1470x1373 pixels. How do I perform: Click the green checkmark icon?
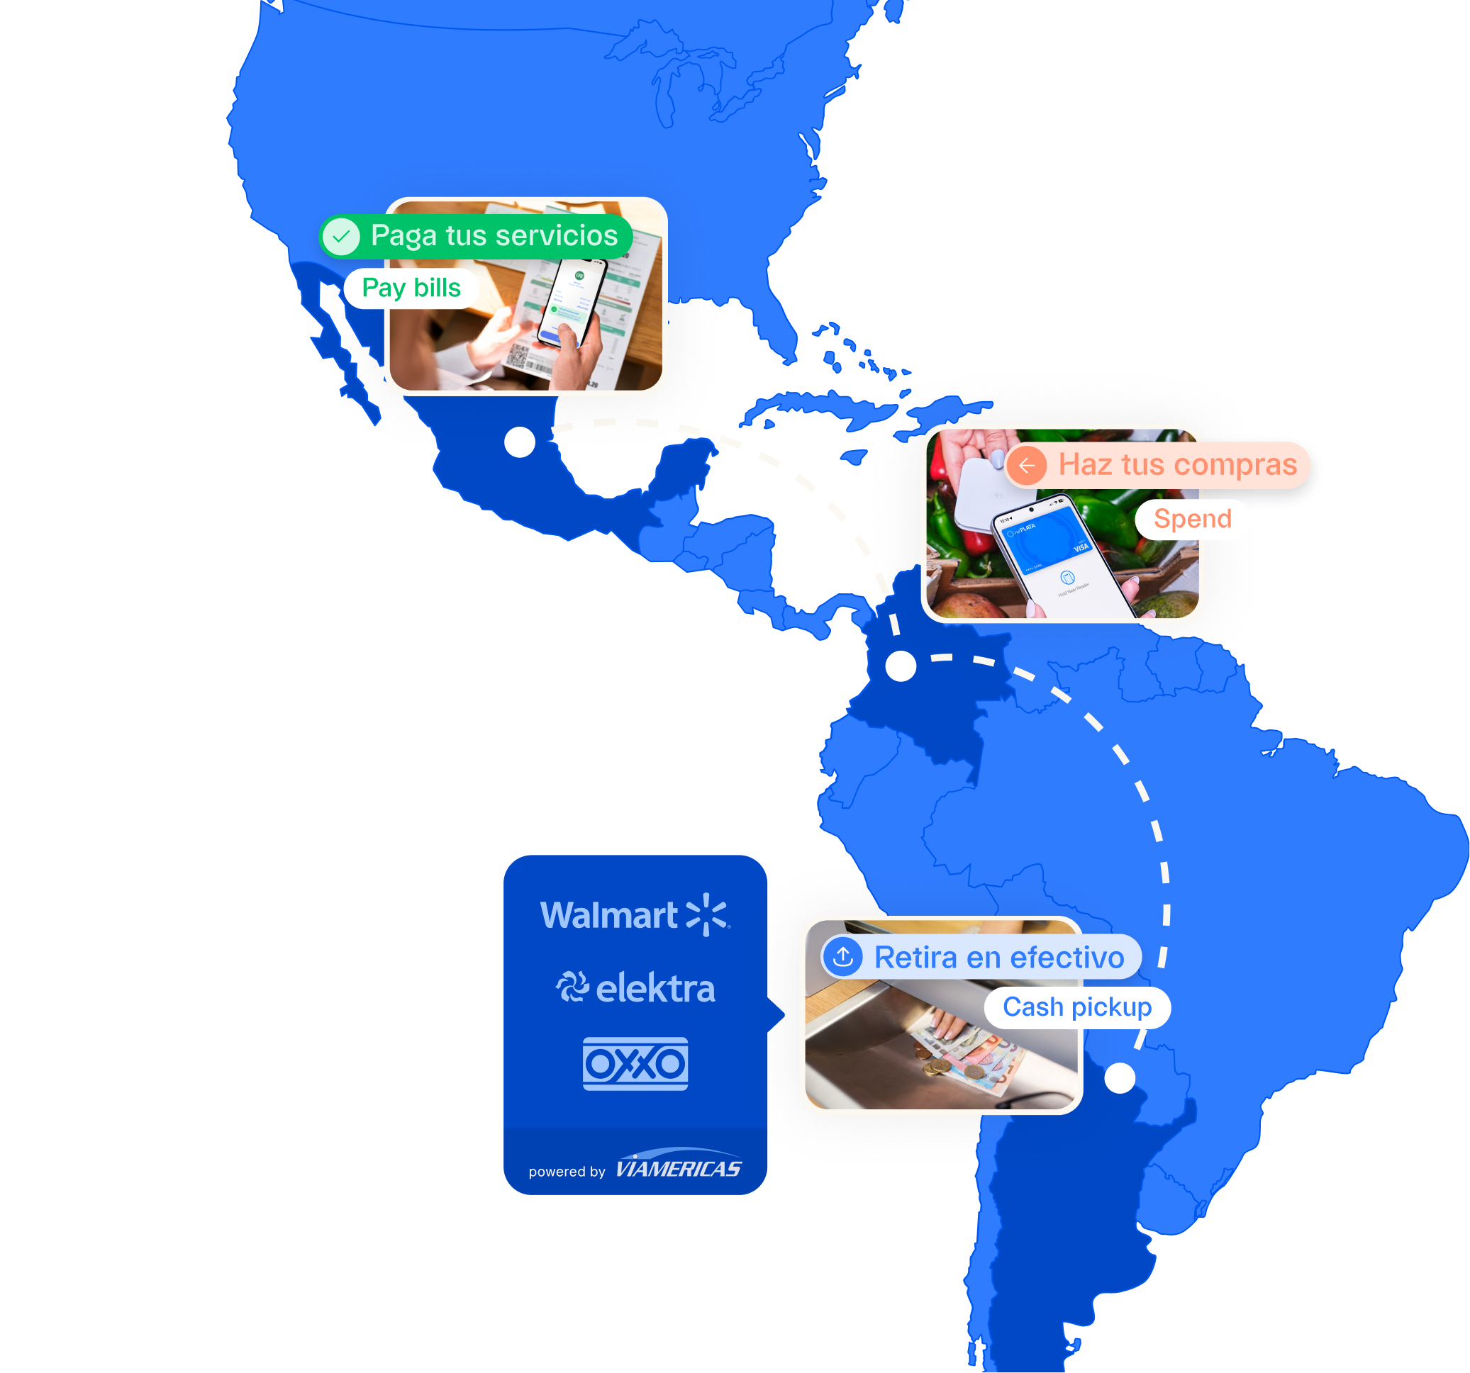point(341,237)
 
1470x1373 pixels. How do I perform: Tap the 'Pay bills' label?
point(411,288)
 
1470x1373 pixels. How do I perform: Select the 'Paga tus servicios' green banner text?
point(494,236)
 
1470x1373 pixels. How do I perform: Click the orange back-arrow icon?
point(1026,466)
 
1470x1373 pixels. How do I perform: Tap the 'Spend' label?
point(1192,519)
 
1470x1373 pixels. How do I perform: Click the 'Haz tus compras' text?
point(1177,465)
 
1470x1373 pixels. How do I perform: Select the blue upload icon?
point(843,957)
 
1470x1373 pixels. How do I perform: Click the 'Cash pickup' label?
point(1076,1007)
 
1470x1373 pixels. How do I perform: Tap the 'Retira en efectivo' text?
point(999,958)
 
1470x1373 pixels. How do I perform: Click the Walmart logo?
point(635,915)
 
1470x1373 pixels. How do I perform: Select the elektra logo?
point(635,988)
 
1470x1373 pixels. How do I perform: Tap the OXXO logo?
point(635,1064)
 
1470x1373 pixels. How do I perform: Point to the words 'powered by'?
point(567,1172)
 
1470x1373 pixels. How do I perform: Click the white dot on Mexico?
point(520,442)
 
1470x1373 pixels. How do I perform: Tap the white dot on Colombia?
point(901,666)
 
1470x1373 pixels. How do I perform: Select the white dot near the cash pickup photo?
point(1120,1078)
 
